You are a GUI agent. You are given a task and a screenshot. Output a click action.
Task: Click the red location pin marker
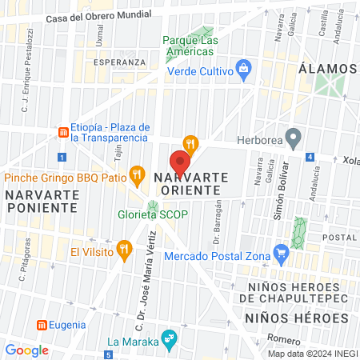[x=179, y=158]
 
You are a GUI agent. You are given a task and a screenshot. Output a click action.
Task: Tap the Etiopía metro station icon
[x=62, y=131]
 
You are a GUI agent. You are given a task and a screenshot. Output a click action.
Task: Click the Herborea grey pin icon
[x=294, y=138]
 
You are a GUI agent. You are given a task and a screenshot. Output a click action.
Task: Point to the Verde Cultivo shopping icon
[x=242, y=69]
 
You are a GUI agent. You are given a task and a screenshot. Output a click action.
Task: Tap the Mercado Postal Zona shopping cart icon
[x=280, y=255]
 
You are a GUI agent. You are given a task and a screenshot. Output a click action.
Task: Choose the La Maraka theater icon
[x=167, y=339]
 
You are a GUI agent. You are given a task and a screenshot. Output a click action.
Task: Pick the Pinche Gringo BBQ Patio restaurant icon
[x=137, y=174]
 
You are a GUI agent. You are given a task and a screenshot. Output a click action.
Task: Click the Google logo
[x=26, y=350]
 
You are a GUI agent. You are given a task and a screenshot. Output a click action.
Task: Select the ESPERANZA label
[x=120, y=62]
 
